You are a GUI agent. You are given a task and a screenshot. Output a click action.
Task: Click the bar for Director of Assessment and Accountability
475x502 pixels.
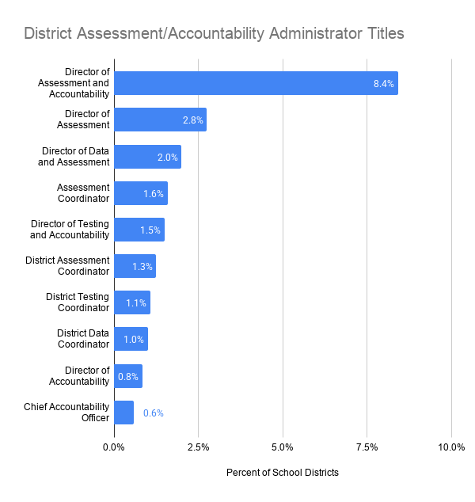(x=256, y=83)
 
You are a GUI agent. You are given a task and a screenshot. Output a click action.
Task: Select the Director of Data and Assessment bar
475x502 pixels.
(x=147, y=157)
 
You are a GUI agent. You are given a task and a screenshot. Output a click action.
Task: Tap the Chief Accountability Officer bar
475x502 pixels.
(x=123, y=413)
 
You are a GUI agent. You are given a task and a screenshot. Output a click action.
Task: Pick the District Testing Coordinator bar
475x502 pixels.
(x=132, y=302)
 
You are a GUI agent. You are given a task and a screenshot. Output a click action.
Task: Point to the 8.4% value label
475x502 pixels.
(x=383, y=84)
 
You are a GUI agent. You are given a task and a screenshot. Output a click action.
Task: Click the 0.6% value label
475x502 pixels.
(x=154, y=413)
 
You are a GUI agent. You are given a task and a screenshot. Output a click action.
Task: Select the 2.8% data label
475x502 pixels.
(x=192, y=120)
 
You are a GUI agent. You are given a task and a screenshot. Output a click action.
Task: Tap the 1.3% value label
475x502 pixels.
(x=142, y=266)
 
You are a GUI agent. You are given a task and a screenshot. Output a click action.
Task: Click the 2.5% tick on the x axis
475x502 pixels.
(x=198, y=447)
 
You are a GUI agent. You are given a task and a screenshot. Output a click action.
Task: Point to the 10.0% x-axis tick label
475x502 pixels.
(x=451, y=447)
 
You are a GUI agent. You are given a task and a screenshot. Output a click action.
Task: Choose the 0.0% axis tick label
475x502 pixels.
(x=114, y=447)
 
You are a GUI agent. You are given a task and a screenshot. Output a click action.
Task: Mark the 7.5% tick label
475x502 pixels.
(x=367, y=447)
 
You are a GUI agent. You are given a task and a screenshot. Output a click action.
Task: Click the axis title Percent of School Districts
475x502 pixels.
(x=283, y=473)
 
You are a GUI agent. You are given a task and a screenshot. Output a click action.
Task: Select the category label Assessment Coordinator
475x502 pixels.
(x=83, y=192)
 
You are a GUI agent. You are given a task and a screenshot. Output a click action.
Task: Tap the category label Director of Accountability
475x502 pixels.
(x=79, y=376)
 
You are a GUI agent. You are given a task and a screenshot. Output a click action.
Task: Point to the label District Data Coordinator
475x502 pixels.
(x=83, y=338)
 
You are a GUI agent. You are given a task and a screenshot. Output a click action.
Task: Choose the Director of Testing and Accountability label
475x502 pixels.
(x=70, y=230)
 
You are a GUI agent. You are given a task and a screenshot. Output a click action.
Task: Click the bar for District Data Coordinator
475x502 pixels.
(x=131, y=339)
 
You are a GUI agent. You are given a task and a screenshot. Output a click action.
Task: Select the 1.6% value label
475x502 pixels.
(x=154, y=194)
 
